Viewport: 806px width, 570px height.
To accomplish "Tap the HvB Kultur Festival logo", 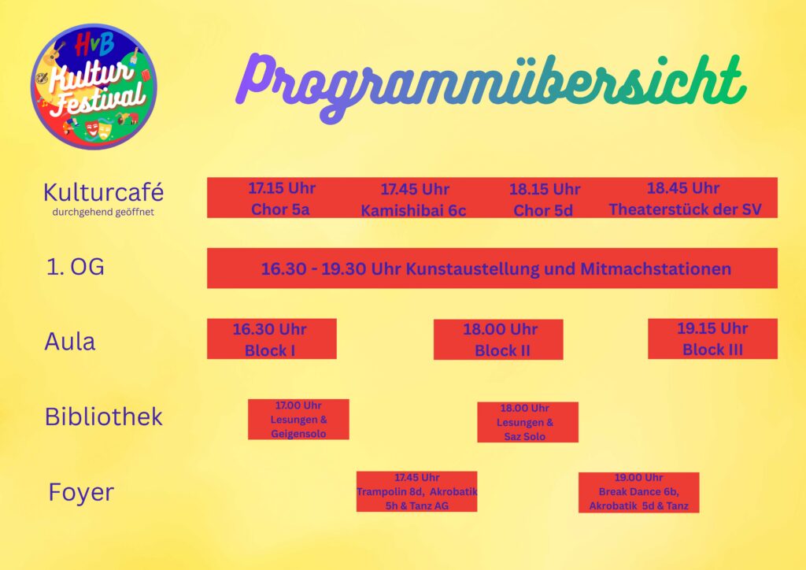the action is [94, 87].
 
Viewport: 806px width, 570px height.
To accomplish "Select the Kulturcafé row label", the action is [103, 193].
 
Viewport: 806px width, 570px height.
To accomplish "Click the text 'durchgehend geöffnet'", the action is [103, 213].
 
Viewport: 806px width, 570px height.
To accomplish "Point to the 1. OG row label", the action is [75, 267].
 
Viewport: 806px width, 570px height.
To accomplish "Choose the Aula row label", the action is [70, 341].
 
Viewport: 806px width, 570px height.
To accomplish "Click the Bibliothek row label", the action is [103, 416].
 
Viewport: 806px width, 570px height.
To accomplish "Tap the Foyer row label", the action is [81, 492].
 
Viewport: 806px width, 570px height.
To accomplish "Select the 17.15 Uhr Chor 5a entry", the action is [281, 198].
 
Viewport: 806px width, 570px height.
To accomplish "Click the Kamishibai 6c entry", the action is [414, 199].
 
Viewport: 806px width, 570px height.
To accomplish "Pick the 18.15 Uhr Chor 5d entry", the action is [544, 199].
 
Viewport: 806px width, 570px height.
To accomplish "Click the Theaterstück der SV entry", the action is [685, 198].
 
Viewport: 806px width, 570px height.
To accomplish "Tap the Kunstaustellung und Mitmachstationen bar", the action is [492, 268].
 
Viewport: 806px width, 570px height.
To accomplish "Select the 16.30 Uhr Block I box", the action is [272, 339].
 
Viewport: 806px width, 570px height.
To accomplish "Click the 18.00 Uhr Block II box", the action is [498, 340].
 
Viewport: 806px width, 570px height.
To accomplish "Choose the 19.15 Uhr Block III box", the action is [712, 339].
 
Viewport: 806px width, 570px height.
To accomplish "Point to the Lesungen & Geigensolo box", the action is [298, 420].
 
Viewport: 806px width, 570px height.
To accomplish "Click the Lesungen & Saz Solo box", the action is [527, 422].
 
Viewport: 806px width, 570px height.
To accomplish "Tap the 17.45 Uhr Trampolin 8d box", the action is [416, 491].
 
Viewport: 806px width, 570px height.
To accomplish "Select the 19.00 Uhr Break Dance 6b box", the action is [638, 492].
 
